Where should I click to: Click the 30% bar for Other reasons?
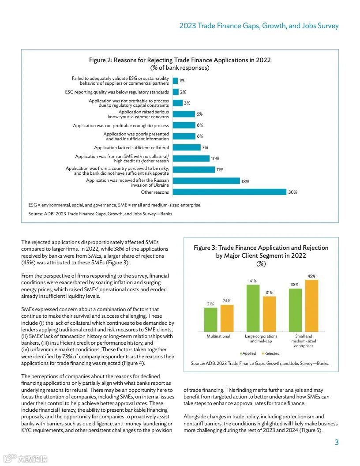click(x=229, y=192)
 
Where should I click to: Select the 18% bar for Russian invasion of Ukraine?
click(x=206, y=181)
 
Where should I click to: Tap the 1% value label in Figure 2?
click(x=182, y=81)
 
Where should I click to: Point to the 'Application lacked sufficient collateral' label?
click(x=131, y=148)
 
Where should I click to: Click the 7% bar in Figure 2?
click(x=186, y=148)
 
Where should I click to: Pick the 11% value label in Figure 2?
click(x=220, y=170)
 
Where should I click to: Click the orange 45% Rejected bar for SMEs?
click(x=311, y=305)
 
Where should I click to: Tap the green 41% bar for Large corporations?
click(x=253, y=308)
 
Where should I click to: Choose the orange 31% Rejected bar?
click(x=269, y=314)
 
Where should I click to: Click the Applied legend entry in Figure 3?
click(x=248, y=353)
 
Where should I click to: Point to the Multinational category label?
click(x=218, y=336)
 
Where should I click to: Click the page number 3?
click(x=336, y=443)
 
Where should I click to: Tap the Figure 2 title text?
click(x=180, y=60)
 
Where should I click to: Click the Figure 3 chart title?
click(x=261, y=252)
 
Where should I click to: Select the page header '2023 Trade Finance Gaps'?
click(x=259, y=26)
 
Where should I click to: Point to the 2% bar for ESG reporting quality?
click(x=176, y=92)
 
